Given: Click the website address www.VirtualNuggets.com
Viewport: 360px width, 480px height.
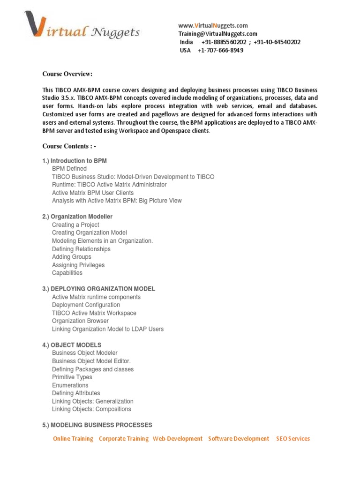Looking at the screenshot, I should coord(213,25).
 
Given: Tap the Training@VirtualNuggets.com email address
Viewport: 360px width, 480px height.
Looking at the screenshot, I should coord(217,34).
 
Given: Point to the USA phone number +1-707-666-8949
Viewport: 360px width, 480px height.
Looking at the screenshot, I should coord(220,50).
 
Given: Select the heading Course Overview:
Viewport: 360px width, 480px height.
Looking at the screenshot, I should coord(67,74).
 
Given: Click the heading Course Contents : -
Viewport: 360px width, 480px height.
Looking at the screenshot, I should coord(69,146).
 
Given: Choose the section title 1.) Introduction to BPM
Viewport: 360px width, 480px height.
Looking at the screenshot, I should coord(75,161).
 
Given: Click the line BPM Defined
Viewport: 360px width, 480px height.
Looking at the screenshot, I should coord(69,169).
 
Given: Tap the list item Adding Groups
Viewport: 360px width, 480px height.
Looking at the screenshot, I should coord(72,257).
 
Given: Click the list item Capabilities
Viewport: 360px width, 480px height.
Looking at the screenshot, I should coord(67,273).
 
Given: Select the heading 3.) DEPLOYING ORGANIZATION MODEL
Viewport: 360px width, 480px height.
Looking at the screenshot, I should coord(98,289).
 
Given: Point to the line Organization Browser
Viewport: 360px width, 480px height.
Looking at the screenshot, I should coord(80,321).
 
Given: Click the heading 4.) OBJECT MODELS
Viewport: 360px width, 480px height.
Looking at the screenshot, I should coord(72,345).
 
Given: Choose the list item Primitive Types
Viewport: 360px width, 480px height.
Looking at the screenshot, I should coord(72,377).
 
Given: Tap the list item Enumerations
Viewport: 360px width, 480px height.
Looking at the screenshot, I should coord(70,385).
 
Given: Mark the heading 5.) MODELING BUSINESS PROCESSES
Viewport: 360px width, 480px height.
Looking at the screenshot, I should coord(97,425).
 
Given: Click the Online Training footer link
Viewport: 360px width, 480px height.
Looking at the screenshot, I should coord(73,439).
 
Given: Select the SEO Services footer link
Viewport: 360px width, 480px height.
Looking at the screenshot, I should coord(293,439).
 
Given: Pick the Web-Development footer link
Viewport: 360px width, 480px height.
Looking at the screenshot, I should coord(178,439).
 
